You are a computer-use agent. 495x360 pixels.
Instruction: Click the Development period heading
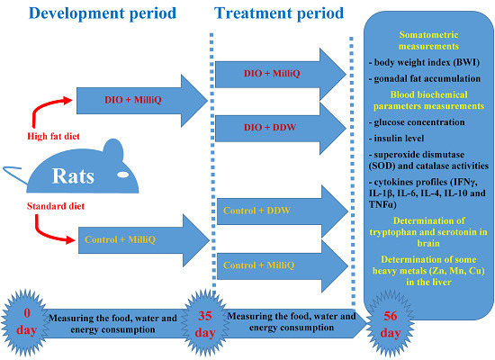(103, 13)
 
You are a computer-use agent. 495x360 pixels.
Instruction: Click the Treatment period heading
(279, 13)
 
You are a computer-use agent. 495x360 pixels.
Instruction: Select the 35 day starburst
(205, 323)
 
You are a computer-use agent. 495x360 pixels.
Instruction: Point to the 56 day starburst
(391, 323)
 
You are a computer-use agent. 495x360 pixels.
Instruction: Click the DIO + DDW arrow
(280, 128)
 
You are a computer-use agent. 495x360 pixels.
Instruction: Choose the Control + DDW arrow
(283, 211)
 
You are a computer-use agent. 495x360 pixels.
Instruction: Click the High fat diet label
(53, 137)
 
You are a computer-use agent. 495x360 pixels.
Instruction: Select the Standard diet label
(56, 206)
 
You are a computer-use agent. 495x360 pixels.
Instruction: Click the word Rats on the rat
(73, 175)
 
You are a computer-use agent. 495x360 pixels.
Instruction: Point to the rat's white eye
(122, 175)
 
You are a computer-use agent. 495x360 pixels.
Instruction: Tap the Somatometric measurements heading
(428, 40)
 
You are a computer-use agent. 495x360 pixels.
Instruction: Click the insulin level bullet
(397, 139)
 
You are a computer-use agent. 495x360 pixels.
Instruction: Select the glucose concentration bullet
(417, 122)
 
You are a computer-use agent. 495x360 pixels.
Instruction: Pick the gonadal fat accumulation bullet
(425, 78)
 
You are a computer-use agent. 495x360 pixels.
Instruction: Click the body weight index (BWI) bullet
(424, 62)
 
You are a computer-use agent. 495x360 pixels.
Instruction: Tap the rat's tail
(15, 174)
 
